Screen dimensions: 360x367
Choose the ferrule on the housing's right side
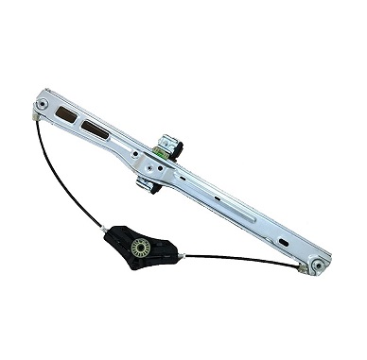point(181,255)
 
